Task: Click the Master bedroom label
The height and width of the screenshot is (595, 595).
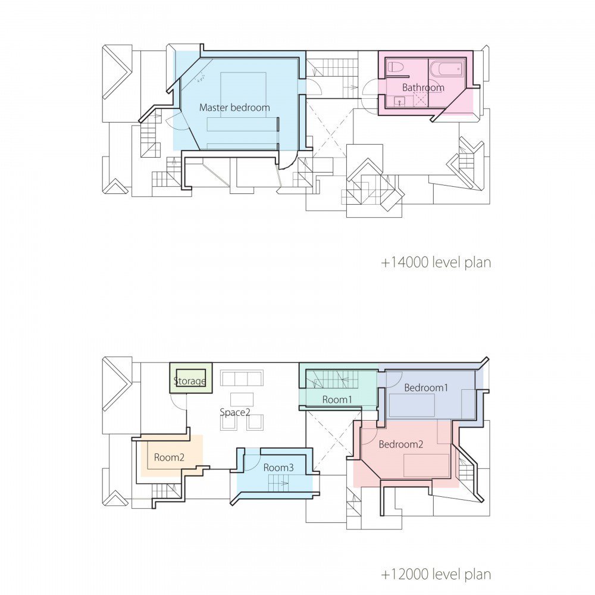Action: [234, 108]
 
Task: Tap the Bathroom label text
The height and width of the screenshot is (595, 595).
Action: [423, 87]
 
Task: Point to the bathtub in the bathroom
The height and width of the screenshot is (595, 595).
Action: [446, 69]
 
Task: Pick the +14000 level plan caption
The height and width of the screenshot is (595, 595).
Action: [436, 262]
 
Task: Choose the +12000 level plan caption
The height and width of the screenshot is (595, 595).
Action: [436, 575]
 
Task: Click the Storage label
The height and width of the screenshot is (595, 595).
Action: [190, 381]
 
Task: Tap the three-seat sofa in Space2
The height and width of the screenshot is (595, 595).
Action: [242, 378]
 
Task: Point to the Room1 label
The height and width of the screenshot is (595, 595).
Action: [337, 400]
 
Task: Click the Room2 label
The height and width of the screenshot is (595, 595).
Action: [169, 458]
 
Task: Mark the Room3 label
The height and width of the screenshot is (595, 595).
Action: [278, 468]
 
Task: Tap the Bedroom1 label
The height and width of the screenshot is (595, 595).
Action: [425, 387]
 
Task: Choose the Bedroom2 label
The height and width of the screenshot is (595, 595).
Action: [401, 444]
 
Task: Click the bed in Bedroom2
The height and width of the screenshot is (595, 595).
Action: [426, 465]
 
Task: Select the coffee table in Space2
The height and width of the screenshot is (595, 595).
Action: [242, 399]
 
